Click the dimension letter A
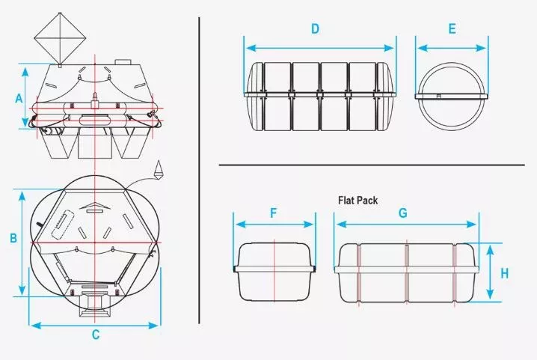(19, 98)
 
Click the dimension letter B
(13, 237)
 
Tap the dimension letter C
(96, 335)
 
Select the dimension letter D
(315, 28)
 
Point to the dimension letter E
(452, 28)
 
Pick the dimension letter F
(273, 213)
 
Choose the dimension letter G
(403, 213)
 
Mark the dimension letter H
(504, 274)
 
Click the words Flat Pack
(358, 201)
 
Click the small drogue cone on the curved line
(159, 169)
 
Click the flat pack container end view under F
(274, 272)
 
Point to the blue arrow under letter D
(320, 48)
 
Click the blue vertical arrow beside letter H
(491, 272)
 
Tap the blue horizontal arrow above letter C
(94, 326)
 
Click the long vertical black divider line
(199, 171)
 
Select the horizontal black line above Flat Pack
(372, 165)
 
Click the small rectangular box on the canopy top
(123, 62)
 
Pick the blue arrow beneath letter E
(452, 48)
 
